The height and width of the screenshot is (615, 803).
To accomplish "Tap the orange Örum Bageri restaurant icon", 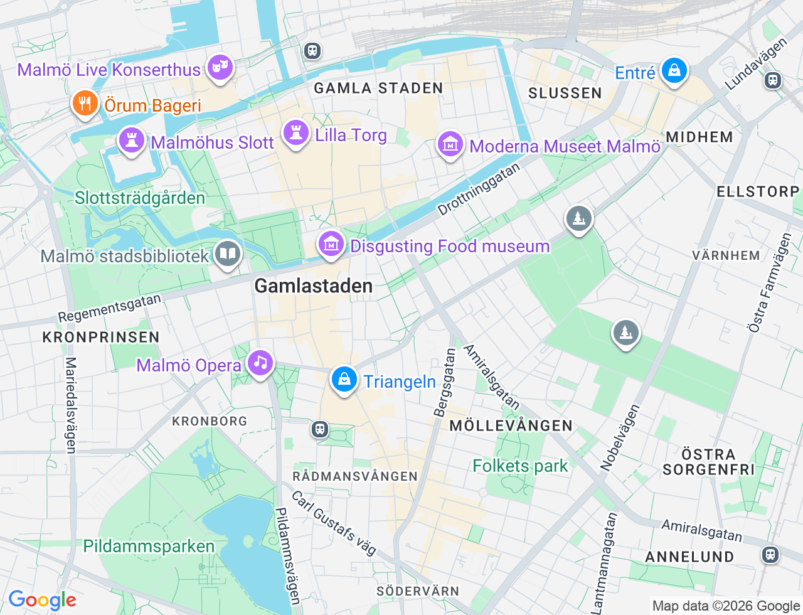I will click(85, 104).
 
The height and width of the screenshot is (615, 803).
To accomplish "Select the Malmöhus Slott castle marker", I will click(131, 141).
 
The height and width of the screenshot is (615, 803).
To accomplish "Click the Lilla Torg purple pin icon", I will click(295, 133).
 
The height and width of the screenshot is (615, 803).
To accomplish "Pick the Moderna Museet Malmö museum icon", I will click(450, 145).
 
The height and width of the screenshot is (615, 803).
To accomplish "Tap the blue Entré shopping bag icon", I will click(674, 71).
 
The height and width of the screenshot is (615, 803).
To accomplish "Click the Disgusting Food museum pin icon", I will click(331, 245).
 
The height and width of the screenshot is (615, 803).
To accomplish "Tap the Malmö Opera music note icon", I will click(260, 363).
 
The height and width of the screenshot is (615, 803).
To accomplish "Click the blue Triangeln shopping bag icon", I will click(344, 380).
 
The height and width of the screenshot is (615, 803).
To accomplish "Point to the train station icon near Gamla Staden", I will click(312, 51).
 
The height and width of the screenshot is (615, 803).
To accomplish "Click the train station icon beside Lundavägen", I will click(772, 80).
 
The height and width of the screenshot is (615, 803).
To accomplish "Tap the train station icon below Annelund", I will click(770, 555).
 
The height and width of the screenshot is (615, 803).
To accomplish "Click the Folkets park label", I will click(520, 466).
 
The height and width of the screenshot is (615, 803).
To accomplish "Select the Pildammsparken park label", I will click(149, 546).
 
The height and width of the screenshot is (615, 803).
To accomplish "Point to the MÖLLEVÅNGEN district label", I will click(511, 425).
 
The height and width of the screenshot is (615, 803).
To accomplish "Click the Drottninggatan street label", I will click(479, 190).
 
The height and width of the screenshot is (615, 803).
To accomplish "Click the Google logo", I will click(42, 601).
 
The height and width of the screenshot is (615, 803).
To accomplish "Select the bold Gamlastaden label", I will click(313, 286).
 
